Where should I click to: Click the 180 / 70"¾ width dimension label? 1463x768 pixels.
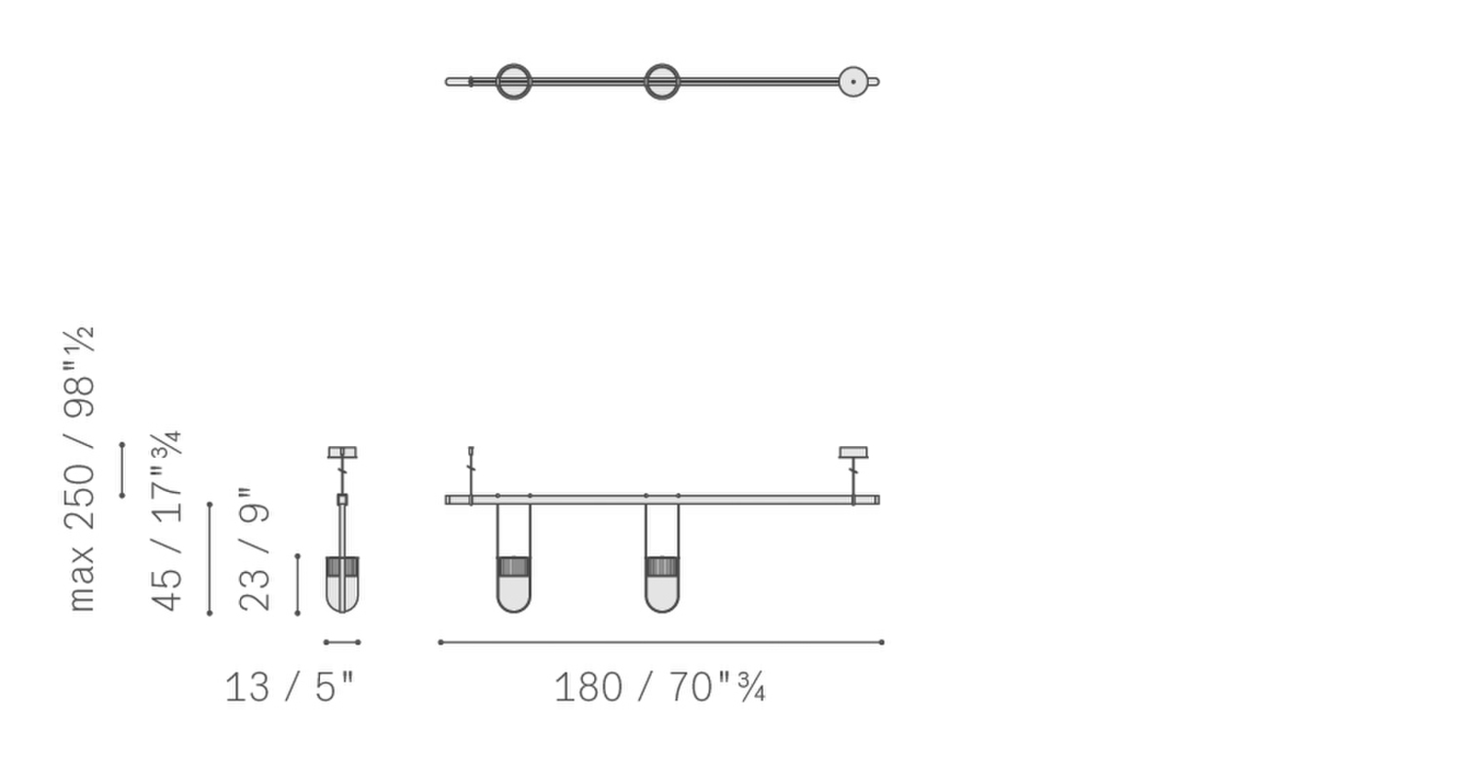659,687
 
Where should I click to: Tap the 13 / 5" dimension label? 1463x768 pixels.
290,687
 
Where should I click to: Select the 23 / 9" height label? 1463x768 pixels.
254,549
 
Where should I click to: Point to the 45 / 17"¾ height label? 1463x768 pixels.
166,521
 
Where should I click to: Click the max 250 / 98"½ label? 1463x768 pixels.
80,468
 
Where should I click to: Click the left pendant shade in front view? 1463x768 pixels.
513,585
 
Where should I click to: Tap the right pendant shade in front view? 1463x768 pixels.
661,585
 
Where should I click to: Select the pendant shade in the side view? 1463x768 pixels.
342,585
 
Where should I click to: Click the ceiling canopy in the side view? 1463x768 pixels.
342,452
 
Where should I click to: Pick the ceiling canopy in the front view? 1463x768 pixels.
853,452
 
